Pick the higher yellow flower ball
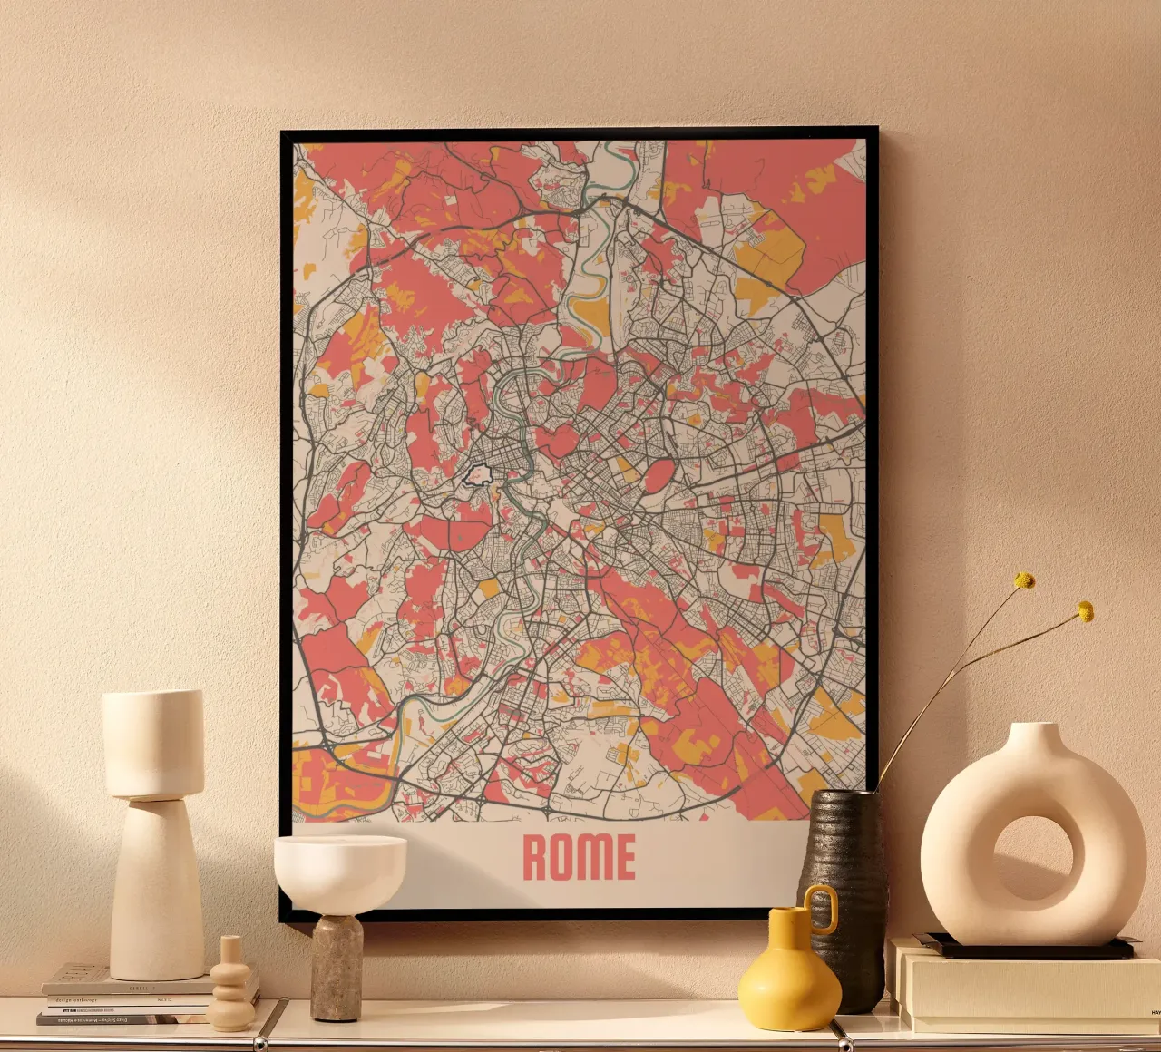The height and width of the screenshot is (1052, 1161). (x=1024, y=580)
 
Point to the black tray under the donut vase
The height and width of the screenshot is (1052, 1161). (x=1025, y=949)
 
